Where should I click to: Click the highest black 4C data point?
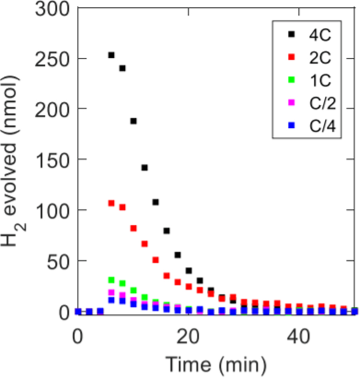click(111, 55)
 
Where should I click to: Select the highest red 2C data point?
click(111, 203)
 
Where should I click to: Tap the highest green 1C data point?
click(111, 279)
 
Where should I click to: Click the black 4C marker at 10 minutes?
click(134, 121)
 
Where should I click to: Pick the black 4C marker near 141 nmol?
click(144, 167)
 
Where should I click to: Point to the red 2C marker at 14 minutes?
click(156, 260)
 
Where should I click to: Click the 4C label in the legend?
click(319, 35)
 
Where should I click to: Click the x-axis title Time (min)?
click(216, 364)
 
